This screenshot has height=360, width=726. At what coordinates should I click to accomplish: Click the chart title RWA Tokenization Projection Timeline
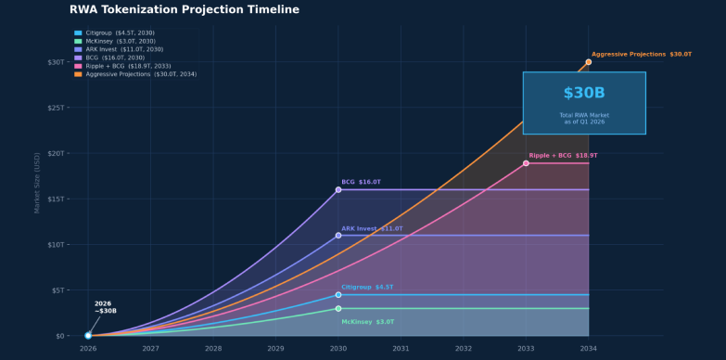185,10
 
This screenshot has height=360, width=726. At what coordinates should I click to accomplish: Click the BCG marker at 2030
338,189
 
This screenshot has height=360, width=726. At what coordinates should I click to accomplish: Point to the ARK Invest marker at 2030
338,236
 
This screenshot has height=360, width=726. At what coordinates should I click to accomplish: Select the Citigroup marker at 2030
338,295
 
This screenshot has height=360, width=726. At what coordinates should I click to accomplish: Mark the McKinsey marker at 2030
338,308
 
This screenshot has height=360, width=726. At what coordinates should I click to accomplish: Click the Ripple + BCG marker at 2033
526,163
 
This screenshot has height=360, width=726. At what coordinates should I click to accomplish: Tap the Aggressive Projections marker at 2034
588,62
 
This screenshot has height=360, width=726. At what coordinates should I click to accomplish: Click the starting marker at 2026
88,335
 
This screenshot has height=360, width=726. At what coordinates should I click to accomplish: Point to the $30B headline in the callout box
583,94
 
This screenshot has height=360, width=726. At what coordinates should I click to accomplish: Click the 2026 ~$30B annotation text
105,307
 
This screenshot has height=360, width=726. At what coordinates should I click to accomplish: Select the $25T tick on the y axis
56,108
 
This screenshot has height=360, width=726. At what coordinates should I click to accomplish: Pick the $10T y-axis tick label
56,245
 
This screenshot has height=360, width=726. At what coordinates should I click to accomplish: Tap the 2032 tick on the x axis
463,349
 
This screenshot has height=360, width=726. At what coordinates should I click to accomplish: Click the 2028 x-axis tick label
213,349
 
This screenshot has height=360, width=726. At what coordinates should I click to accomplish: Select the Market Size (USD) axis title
38,183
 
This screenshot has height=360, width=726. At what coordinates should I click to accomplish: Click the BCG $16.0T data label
361,182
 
